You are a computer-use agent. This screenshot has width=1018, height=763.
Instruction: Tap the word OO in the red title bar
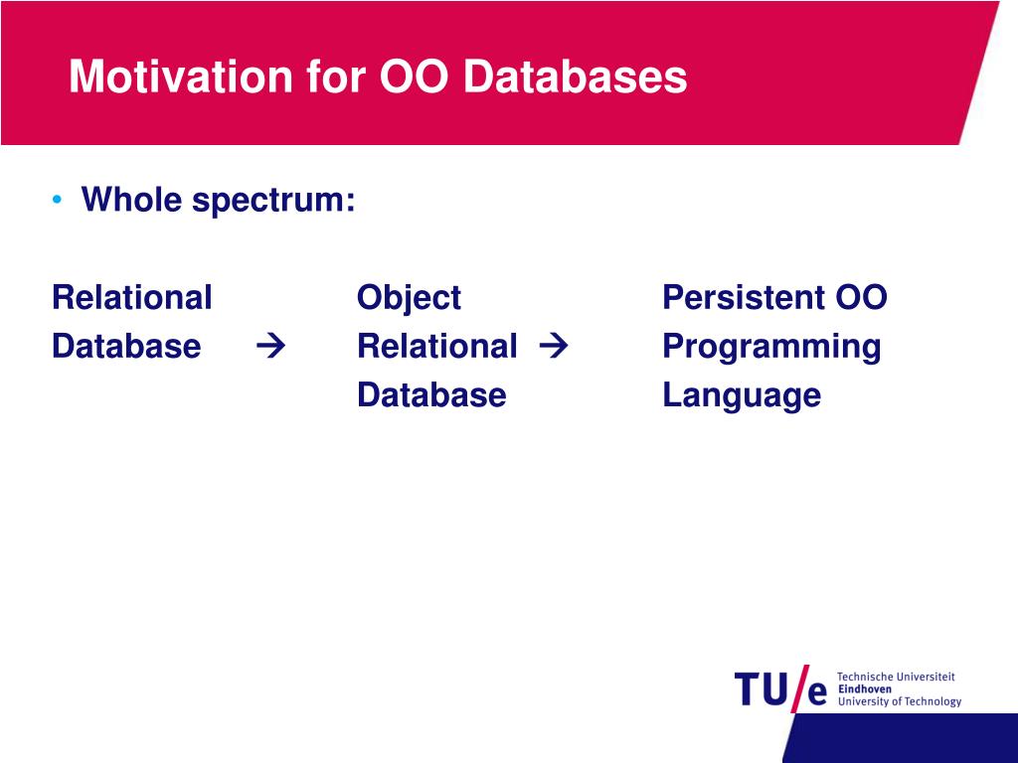[414, 76]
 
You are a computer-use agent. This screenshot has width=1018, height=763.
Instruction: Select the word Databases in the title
[575, 76]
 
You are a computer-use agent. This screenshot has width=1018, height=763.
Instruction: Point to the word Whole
[131, 199]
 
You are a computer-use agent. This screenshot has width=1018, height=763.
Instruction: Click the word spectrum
[274, 200]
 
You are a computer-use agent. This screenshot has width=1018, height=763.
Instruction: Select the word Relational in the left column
[132, 297]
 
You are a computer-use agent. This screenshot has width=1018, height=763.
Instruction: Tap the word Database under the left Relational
[126, 346]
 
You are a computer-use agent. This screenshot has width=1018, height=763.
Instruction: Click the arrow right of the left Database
[270, 346]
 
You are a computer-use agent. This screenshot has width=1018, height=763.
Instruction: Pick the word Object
[409, 298]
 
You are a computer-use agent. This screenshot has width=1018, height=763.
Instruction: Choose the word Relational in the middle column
[437, 346]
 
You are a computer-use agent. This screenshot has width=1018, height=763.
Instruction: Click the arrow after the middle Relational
[554, 346]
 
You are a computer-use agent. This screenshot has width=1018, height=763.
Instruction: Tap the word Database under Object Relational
[431, 394]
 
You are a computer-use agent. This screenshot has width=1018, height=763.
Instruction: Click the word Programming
[771, 347]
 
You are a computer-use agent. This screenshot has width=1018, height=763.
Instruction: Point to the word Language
[742, 395]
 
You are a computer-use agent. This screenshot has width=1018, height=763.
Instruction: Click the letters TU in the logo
[761, 689]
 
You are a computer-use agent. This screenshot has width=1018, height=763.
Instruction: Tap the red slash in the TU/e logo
[800, 688]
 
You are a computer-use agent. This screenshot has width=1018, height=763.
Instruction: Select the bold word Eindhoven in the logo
[865, 689]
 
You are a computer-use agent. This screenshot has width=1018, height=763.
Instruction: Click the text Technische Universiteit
[896, 677]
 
